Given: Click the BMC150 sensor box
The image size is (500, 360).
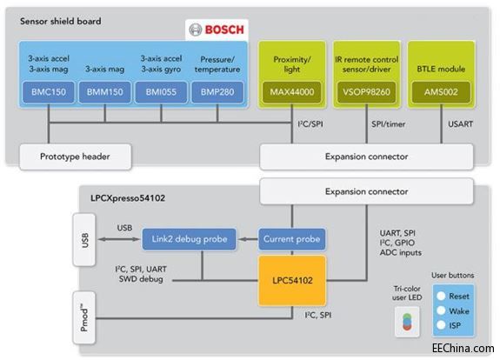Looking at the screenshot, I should point(49,90).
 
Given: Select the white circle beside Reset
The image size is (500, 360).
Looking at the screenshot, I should point(441,296).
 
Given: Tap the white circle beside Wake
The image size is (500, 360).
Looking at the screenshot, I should point(441,310).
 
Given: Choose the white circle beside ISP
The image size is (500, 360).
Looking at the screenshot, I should point(441,325).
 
